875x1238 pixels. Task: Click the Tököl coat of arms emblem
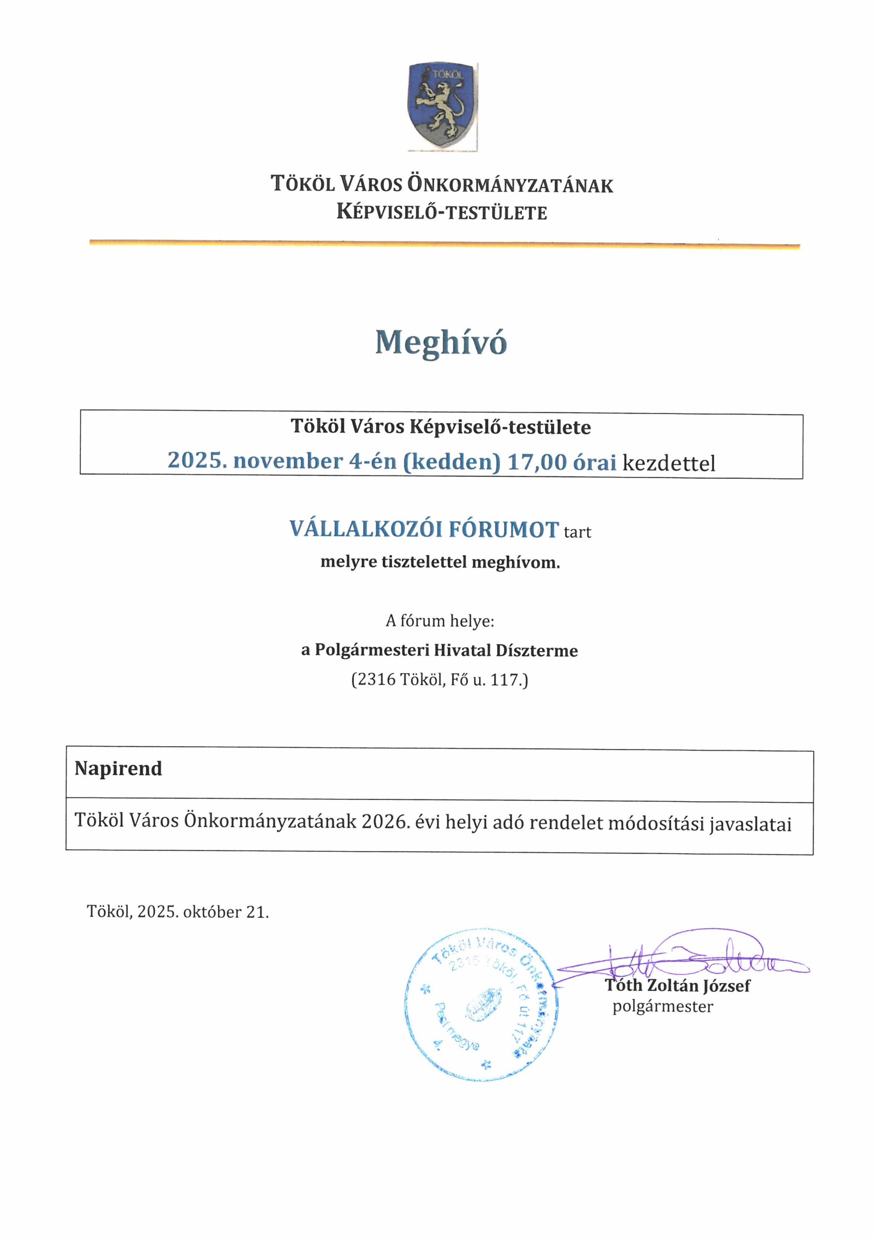[x=442, y=106]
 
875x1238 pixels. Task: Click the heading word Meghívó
[x=441, y=342]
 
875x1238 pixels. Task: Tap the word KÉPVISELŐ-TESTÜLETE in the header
[x=441, y=212]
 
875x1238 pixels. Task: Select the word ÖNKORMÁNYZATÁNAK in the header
[x=510, y=185]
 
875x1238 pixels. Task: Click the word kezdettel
[x=669, y=463]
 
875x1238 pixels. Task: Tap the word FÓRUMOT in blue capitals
[x=504, y=530]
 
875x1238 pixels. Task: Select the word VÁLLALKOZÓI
[x=365, y=530]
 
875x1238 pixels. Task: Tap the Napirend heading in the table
[x=118, y=768]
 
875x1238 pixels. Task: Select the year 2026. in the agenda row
[x=385, y=821]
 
